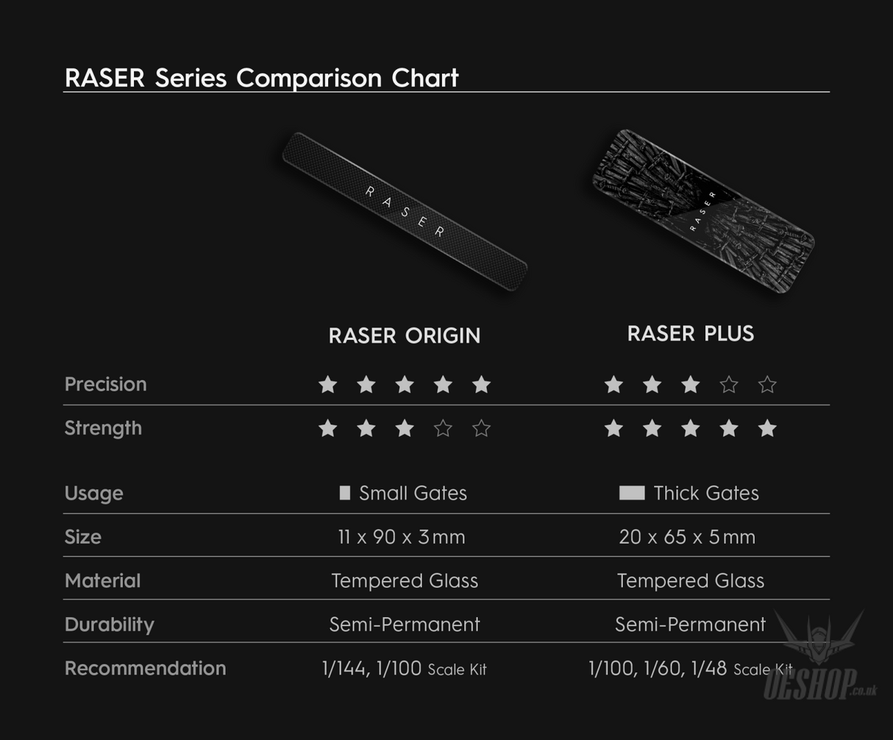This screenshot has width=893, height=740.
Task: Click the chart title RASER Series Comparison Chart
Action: pyautogui.click(x=262, y=77)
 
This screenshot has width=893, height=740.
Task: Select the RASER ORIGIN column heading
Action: pyautogui.click(x=404, y=335)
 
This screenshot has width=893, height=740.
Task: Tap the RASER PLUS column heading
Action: pyautogui.click(x=690, y=333)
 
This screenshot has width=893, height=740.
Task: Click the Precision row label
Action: pyautogui.click(x=105, y=384)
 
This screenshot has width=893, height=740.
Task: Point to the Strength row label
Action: pyautogui.click(x=103, y=428)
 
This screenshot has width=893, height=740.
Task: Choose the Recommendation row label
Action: pyautogui.click(x=145, y=668)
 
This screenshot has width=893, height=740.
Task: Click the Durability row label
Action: pyautogui.click(x=109, y=625)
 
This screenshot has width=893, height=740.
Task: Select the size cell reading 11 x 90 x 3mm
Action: pyautogui.click(x=402, y=537)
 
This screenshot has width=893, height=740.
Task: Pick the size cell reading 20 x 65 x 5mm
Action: pyautogui.click(x=687, y=537)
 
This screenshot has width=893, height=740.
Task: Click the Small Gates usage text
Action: pyautogui.click(x=413, y=493)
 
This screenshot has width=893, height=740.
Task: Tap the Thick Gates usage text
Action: pyautogui.click(x=705, y=493)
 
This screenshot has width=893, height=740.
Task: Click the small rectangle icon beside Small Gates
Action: pyautogui.click(x=344, y=493)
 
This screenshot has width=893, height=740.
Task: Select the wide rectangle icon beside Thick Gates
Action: pyautogui.click(x=632, y=493)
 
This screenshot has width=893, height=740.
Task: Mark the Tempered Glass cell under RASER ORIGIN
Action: pyautogui.click(x=405, y=580)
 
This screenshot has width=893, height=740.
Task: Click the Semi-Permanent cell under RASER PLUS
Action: pyautogui.click(x=690, y=625)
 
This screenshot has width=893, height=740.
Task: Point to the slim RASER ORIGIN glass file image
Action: pyautogui.click(x=405, y=211)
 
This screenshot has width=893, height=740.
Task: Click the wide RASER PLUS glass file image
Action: pyautogui.click(x=703, y=211)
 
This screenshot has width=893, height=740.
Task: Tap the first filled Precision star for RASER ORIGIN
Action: pyautogui.click(x=328, y=384)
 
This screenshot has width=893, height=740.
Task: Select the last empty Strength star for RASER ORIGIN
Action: pyautogui.click(x=481, y=428)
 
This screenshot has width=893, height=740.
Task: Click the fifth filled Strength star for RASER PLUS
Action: pyautogui.click(x=767, y=428)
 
